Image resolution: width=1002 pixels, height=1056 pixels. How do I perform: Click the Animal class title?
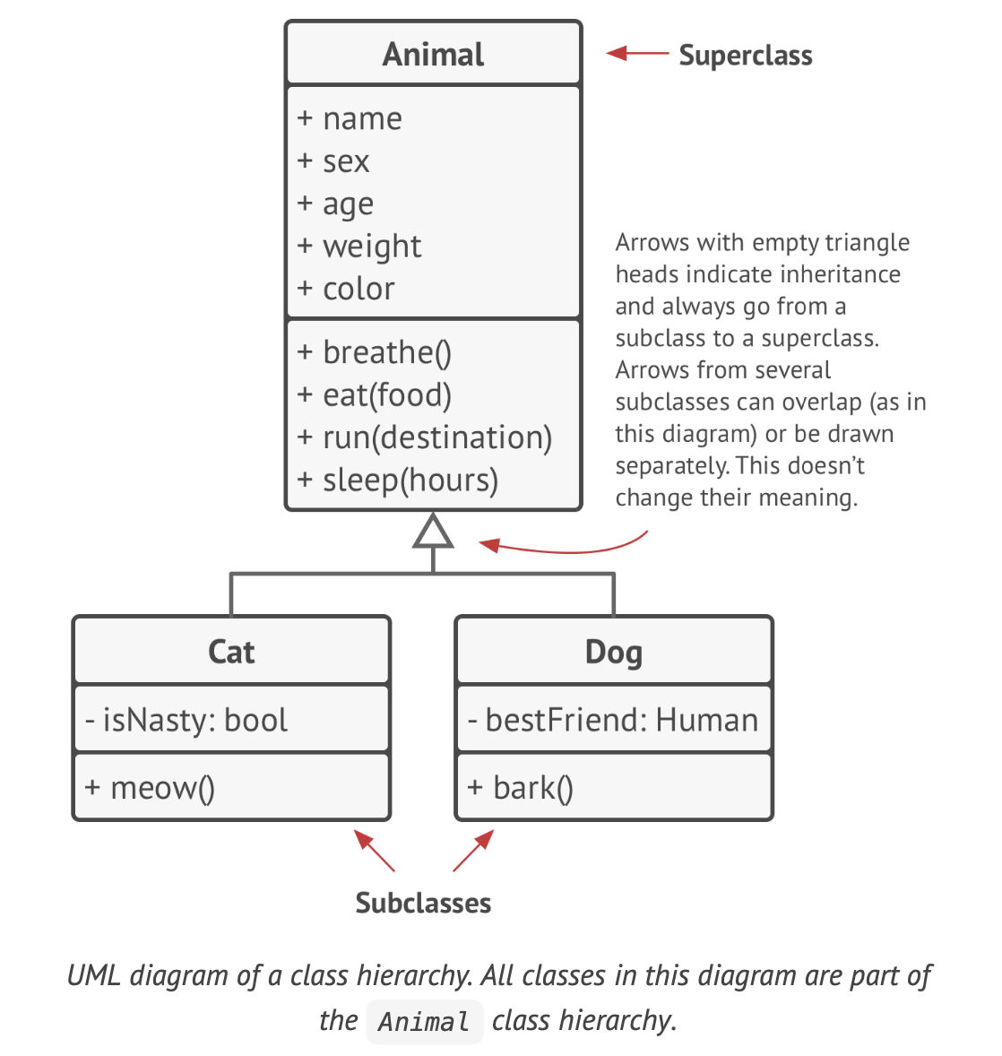tap(433, 55)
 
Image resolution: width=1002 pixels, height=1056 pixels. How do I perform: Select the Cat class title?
tap(231, 652)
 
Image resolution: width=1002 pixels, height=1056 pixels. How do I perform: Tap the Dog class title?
tap(613, 652)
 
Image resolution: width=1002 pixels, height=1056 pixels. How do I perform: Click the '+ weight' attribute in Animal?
tap(359, 247)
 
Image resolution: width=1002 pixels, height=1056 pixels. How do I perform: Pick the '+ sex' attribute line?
tap(333, 162)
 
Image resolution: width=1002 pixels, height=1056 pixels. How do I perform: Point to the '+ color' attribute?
tap(346, 289)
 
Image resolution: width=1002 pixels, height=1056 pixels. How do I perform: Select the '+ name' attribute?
tap(350, 119)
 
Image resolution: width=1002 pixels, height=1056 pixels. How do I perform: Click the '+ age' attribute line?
tap(335, 204)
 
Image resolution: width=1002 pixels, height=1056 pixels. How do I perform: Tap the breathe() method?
tap(375, 353)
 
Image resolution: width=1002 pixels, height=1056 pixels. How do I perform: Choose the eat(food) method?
tap(375, 395)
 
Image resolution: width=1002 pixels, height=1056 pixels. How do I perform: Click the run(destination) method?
tap(425, 437)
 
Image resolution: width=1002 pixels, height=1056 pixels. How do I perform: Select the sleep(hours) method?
tap(398, 480)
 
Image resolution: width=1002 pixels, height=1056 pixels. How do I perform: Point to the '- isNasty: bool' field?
tap(186, 720)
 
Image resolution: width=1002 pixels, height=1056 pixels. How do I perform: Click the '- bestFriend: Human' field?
tap(613, 720)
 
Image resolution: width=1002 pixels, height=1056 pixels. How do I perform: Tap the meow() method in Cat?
tap(150, 788)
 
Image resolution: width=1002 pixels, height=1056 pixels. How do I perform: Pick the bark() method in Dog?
tap(521, 788)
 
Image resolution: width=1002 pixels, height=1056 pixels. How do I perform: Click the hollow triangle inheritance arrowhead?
tap(433, 532)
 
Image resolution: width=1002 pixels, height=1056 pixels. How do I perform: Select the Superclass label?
tap(745, 56)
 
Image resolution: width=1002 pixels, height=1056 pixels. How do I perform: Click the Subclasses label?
tap(423, 903)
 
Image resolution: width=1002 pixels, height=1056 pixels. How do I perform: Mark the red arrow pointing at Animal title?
tap(637, 54)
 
